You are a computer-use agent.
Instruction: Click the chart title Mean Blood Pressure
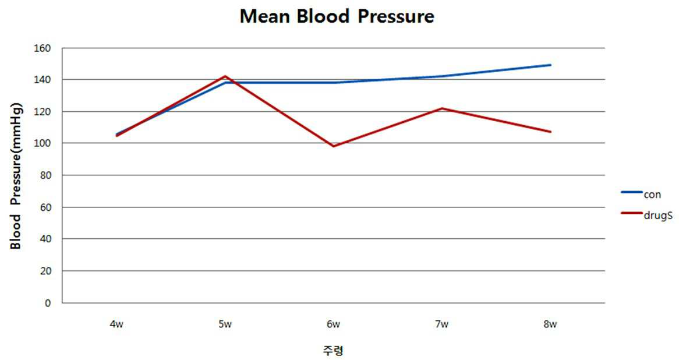tap(337, 16)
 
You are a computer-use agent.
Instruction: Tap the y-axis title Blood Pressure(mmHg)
tap(16, 175)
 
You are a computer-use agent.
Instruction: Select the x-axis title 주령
tap(333, 350)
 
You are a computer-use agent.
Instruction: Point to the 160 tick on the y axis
tap(42, 48)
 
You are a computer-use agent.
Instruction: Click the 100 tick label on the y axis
tap(42, 143)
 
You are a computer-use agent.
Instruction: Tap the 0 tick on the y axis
tap(48, 303)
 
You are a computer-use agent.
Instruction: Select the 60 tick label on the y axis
tap(45, 207)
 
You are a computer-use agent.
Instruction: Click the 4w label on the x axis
tap(116, 324)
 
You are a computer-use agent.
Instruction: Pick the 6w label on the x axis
tap(334, 324)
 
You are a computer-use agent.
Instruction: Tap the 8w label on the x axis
tap(550, 324)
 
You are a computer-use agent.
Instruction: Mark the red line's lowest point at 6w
tap(334, 146)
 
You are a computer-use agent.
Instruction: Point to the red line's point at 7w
tap(442, 108)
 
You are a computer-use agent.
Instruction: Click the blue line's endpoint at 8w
tap(550, 65)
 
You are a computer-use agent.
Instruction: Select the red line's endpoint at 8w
tap(550, 132)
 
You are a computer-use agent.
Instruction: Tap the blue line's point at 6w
tap(334, 82)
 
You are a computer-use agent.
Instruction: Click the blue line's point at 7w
tap(442, 76)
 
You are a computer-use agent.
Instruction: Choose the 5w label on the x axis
tap(225, 324)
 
